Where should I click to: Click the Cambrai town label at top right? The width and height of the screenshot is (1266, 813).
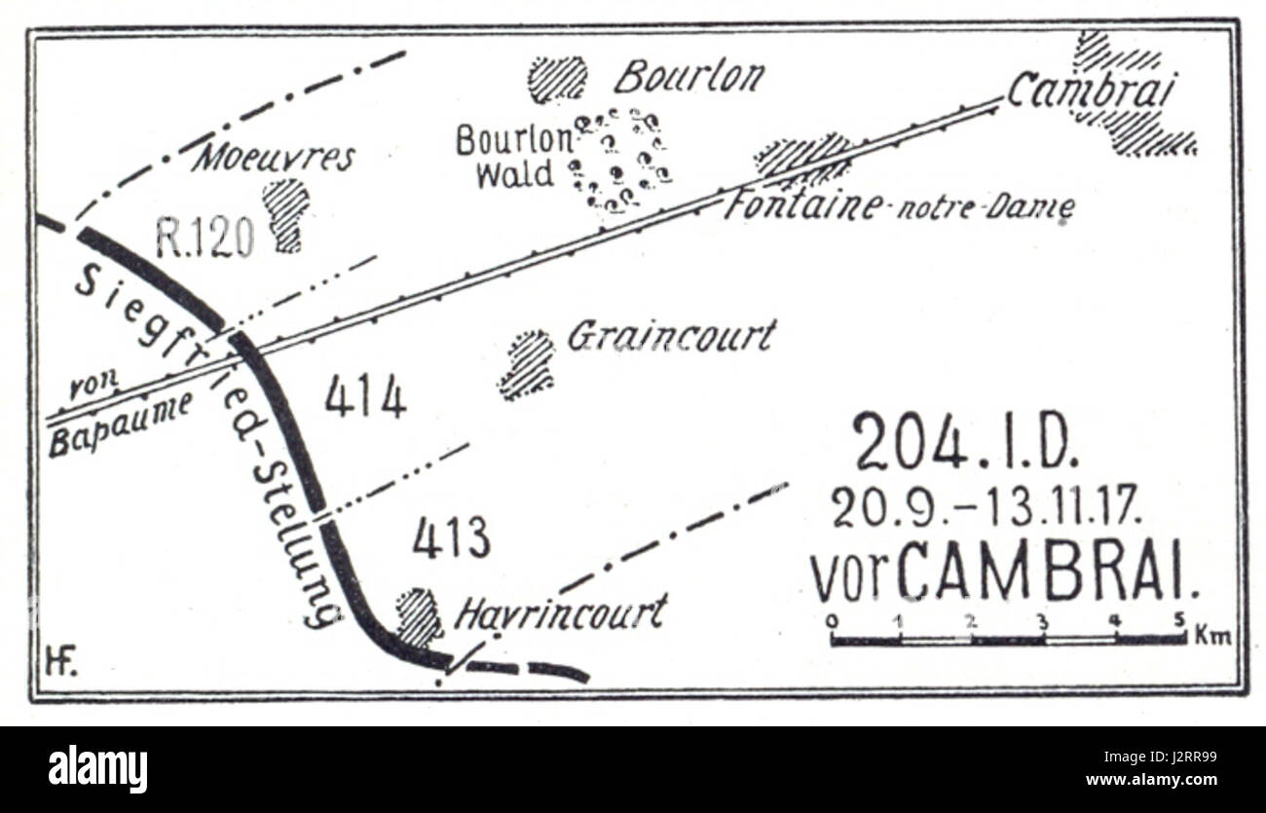pos(1091,92)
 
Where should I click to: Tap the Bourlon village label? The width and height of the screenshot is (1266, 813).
pos(689,76)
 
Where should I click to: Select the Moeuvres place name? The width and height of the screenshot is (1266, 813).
pos(274,157)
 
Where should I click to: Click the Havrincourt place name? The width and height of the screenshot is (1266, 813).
pos(562,612)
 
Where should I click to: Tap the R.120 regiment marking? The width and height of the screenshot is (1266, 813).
pos(205,237)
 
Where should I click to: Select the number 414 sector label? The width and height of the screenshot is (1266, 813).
pos(365,397)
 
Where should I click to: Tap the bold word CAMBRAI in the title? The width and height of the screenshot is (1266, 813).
pos(1048,577)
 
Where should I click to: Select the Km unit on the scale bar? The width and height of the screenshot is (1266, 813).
pos(1214,638)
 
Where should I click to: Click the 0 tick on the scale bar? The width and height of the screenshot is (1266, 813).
pos(831,619)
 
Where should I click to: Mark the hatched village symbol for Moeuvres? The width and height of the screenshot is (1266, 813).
pos(285,213)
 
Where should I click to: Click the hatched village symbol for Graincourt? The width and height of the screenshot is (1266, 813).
pos(527,365)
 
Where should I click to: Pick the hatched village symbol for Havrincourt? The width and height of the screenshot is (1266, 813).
pos(419,617)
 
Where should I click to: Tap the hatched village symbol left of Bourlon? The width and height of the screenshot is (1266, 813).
pos(558,79)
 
